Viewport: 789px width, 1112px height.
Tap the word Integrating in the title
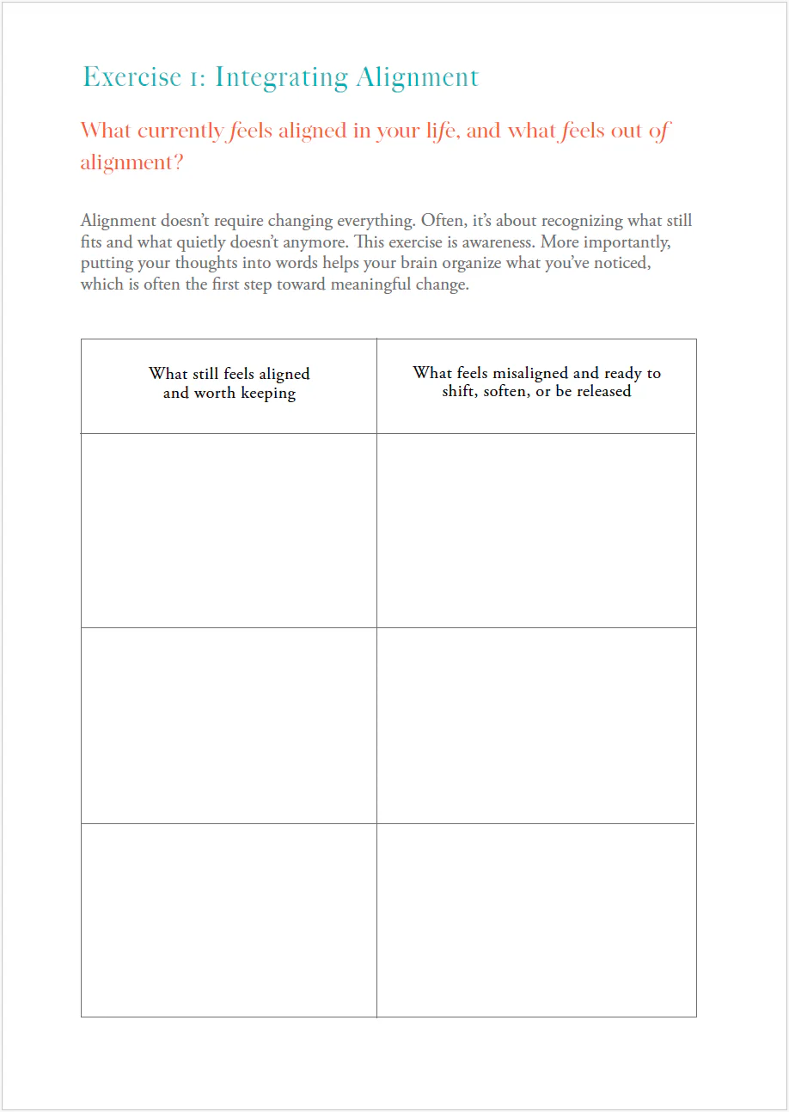[x=281, y=78]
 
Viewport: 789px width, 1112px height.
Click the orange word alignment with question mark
[x=131, y=162]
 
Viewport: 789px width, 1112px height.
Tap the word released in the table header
[x=602, y=391]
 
